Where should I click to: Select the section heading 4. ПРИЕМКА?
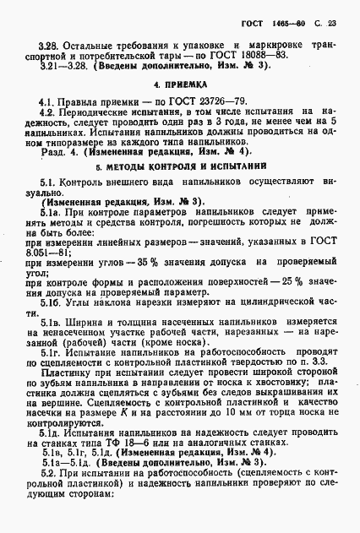click(x=179, y=85)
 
